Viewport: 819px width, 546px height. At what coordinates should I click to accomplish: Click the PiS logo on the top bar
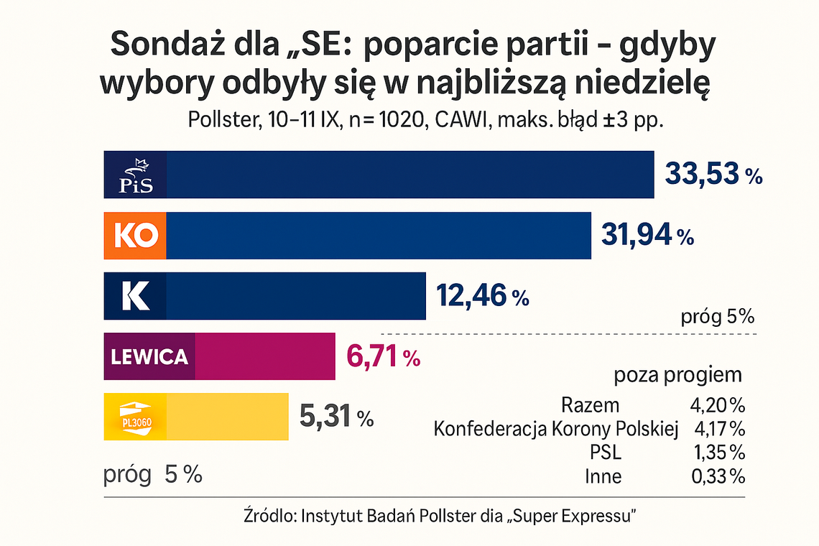(136, 175)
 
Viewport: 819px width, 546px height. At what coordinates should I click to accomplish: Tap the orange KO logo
(136, 236)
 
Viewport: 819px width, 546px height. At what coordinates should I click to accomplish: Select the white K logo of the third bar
(136, 296)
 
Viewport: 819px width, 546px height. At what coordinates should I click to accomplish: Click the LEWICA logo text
(149, 356)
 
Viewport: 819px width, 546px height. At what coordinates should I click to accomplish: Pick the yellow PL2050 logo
(135, 417)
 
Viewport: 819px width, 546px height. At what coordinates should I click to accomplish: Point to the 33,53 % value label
(713, 175)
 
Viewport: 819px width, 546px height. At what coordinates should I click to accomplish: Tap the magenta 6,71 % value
(383, 356)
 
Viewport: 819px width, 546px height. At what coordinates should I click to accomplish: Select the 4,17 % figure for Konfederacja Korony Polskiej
(719, 430)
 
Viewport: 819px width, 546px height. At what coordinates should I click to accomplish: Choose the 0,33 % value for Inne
(719, 476)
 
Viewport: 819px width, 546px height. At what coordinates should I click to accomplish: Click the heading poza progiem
(677, 375)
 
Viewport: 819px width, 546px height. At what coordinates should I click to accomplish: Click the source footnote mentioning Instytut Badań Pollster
(441, 516)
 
